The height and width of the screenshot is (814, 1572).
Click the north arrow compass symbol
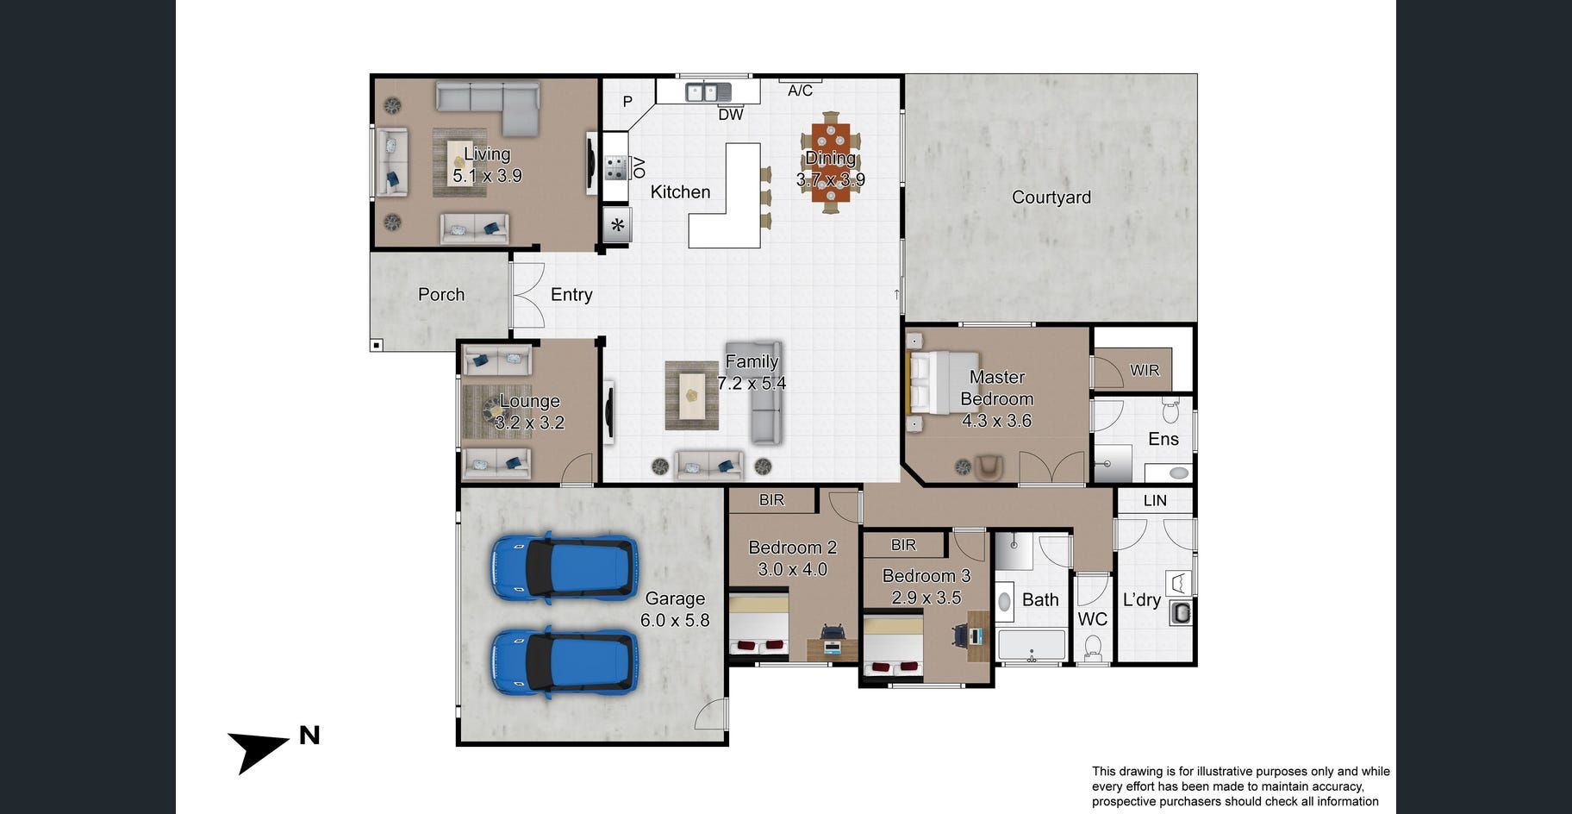click(x=259, y=750)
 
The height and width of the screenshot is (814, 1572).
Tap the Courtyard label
click(x=1051, y=197)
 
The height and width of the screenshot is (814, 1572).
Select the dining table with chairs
click(x=831, y=162)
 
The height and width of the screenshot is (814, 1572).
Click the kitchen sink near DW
click(x=708, y=91)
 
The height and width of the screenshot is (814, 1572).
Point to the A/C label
click(x=800, y=91)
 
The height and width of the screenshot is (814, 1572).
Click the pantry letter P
click(x=627, y=102)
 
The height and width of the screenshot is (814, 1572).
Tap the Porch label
click(x=441, y=295)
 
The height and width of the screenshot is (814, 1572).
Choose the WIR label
click(x=1145, y=370)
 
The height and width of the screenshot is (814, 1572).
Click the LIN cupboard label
click(x=1155, y=500)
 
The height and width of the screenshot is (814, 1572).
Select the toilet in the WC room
click(x=1093, y=648)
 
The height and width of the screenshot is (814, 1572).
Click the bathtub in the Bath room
click(x=1032, y=645)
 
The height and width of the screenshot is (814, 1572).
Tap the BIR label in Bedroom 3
click(x=903, y=545)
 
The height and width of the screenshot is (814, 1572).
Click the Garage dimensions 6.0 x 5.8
click(x=675, y=620)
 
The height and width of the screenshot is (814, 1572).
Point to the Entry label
click(x=571, y=295)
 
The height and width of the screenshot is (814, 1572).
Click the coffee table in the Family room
click(x=691, y=396)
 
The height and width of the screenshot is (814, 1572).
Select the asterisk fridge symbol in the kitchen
click(x=617, y=226)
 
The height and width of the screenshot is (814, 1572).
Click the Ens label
click(x=1163, y=439)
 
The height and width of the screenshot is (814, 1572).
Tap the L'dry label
click(x=1142, y=599)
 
